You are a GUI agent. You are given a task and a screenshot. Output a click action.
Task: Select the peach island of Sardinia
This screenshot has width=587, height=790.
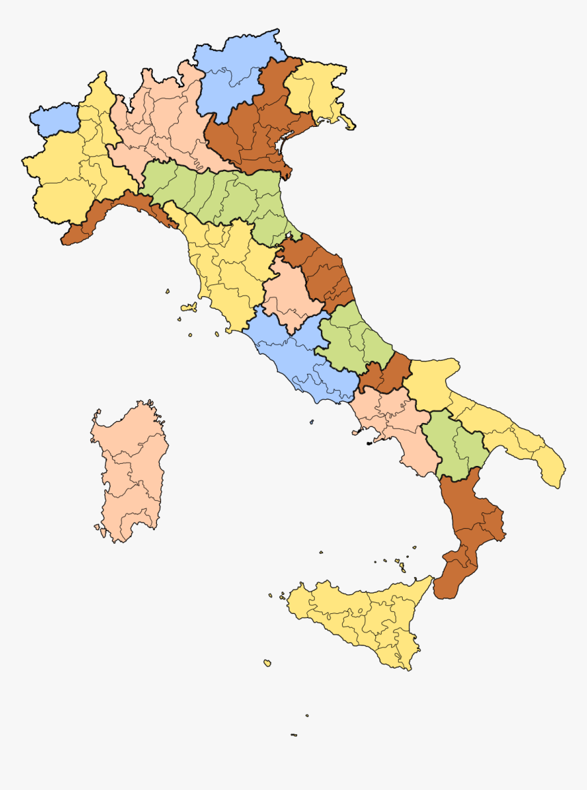130,471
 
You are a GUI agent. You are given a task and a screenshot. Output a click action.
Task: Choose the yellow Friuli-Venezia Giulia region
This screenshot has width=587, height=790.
314,89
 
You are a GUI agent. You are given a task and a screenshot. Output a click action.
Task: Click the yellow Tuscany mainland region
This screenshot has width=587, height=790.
225,273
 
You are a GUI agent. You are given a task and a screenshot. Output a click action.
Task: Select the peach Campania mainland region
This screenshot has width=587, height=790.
396,423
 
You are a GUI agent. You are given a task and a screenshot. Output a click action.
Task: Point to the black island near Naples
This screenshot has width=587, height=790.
369,444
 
